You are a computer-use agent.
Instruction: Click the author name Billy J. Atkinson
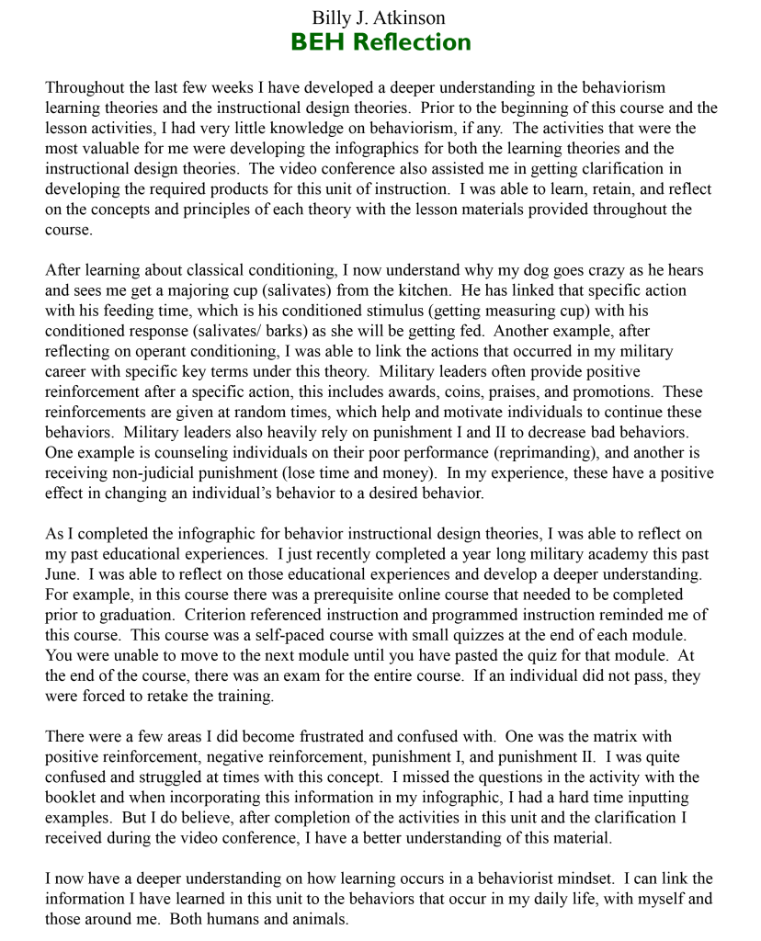point(380,17)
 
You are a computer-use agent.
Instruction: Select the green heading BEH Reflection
point(380,42)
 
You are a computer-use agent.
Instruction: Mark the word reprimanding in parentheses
point(548,453)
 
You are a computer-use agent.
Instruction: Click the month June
point(63,574)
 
